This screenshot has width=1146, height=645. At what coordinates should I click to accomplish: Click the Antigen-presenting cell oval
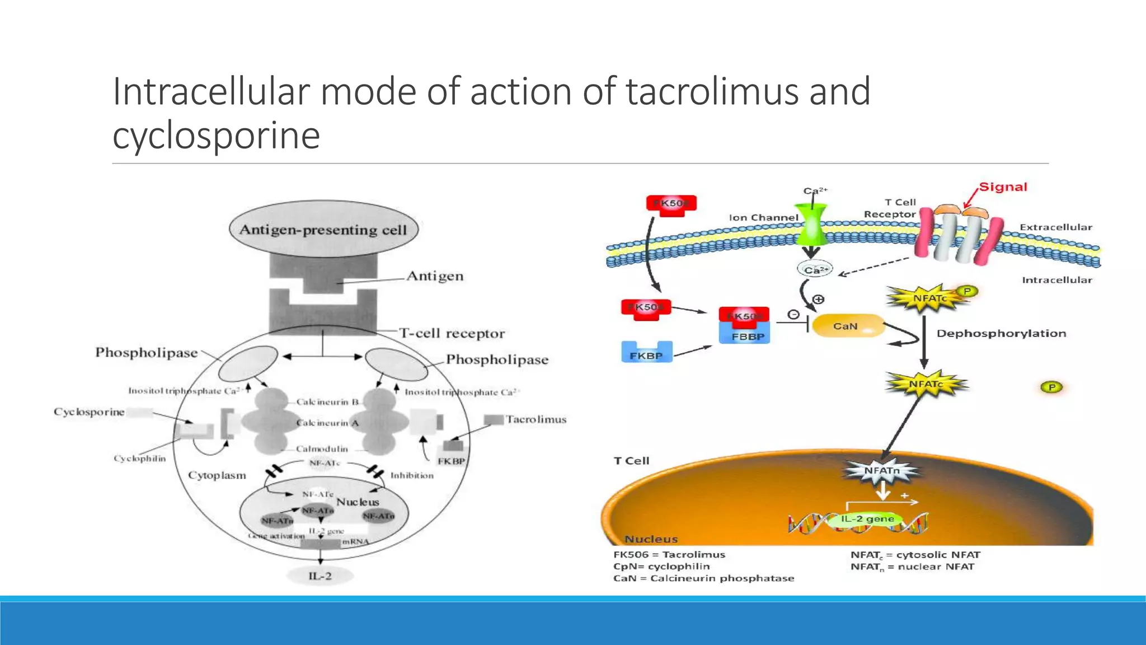[x=323, y=229]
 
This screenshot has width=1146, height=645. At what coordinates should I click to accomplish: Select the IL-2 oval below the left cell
[x=320, y=576]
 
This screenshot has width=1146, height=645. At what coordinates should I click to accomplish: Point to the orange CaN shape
[x=846, y=326]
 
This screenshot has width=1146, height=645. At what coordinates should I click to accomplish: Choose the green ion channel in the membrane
[x=811, y=224]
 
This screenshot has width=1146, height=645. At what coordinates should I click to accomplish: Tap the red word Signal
[x=1003, y=187]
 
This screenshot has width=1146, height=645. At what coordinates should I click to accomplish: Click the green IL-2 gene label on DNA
[x=867, y=519]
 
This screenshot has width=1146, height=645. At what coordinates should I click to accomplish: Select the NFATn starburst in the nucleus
[x=882, y=471]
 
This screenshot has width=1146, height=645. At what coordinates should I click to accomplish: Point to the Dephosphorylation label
[x=1001, y=334]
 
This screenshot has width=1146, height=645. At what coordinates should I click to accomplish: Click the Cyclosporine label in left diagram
[x=89, y=412]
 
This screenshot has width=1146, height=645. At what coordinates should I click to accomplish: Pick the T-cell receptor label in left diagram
[x=452, y=334]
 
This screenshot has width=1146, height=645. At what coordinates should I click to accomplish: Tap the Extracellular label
[x=1055, y=227]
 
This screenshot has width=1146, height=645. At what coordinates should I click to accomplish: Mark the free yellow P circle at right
[x=1051, y=387]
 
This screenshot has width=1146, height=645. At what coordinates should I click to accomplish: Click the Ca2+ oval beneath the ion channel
[x=815, y=270]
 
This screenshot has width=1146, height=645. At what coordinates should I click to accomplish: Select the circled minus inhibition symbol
[x=793, y=315]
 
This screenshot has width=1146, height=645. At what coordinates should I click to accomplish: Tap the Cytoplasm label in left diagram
[x=217, y=475]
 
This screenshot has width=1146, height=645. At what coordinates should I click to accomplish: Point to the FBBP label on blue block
[x=748, y=337]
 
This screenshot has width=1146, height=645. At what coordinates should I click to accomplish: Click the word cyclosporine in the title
[x=216, y=135]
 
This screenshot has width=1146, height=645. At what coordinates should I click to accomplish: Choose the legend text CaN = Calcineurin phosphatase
[x=703, y=578]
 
